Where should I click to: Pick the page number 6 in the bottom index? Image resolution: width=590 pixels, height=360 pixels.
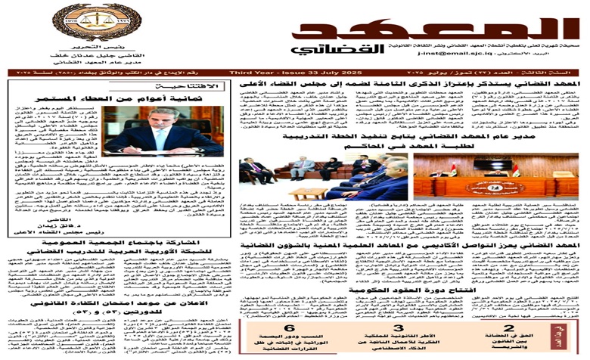(x=287, y=309)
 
